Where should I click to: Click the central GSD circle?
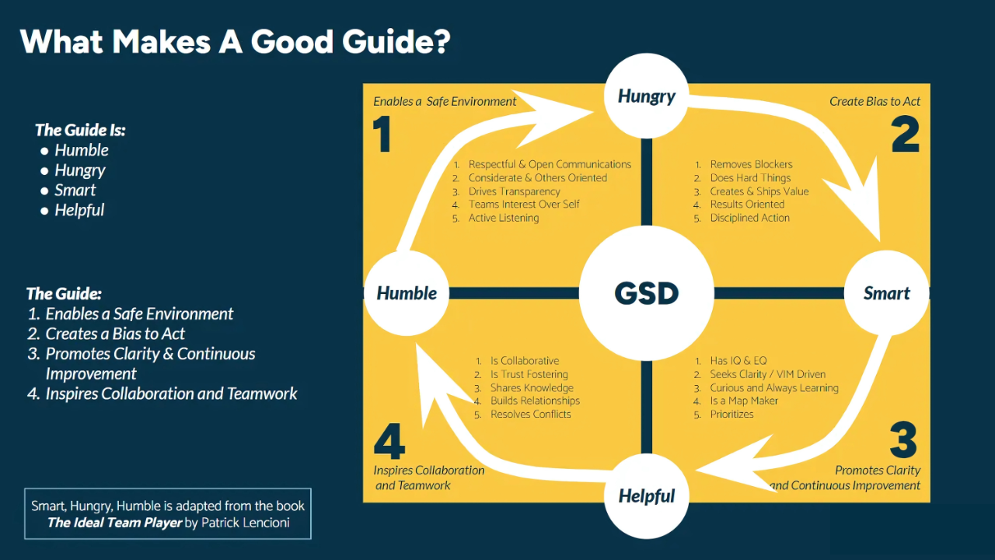click(646, 293)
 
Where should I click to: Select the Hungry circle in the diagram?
click(646, 96)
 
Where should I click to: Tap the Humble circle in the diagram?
click(407, 293)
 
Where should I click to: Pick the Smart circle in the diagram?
click(886, 293)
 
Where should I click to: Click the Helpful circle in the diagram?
click(646, 495)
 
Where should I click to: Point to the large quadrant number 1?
click(381, 134)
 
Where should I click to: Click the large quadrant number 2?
click(905, 134)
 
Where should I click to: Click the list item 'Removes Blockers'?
click(751, 165)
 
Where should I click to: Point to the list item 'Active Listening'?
click(503, 219)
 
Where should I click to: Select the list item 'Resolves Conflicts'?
click(530, 415)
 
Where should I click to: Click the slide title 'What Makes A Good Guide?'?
click(235, 41)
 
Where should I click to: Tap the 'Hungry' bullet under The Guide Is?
click(79, 170)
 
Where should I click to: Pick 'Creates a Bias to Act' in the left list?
click(115, 334)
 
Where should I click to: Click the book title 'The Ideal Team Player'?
click(114, 523)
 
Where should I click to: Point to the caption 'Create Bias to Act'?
click(875, 102)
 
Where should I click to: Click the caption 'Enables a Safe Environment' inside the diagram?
click(445, 102)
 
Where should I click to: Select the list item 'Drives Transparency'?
click(514, 191)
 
